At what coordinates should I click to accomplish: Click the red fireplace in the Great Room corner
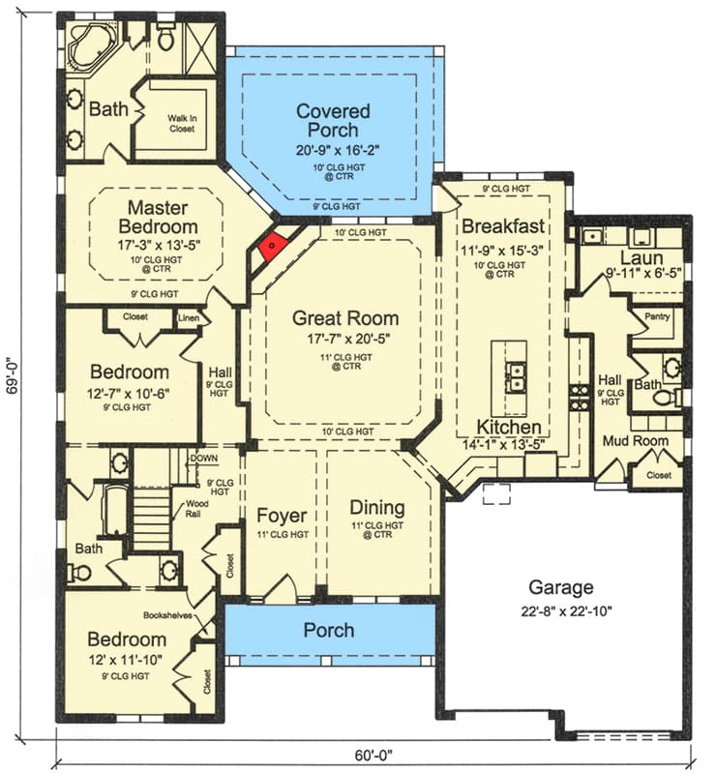click(x=273, y=247)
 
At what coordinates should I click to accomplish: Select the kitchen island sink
click(x=516, y=374)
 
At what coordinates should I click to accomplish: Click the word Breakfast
click(x=503, y=226)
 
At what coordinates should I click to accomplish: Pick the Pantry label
click(x=659, y=316)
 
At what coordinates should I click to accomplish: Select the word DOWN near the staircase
click(x=203, y=458)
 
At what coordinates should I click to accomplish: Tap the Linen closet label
click(x=190, y=316)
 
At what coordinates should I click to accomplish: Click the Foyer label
click(x=281, y=515)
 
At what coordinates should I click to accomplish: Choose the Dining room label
click(x=376, y=508)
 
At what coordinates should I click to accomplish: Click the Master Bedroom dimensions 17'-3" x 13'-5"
click(x=158, y=245)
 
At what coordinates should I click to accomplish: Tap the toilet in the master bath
click(x=164, y=39)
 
